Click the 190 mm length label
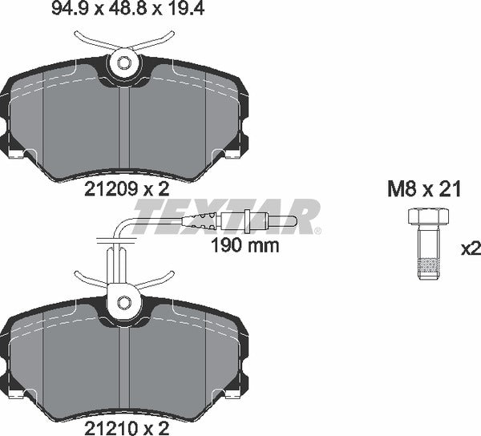(x=245, y=246)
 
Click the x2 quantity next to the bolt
(x=471, y=249)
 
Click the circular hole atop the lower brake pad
(x=123, y=302)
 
